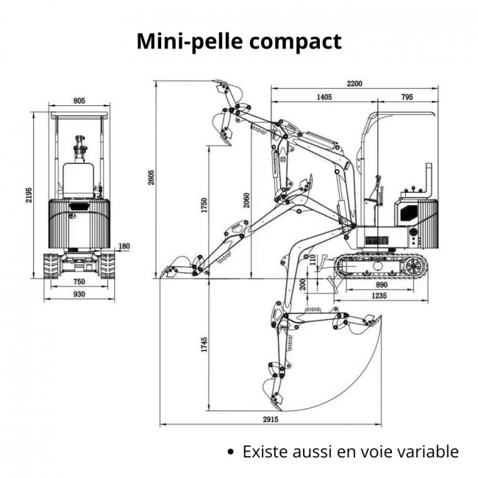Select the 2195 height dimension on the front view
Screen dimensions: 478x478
[29, 195]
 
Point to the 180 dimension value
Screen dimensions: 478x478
[124, 246]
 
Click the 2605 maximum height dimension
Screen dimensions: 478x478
[151, 178]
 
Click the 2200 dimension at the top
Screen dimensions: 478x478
[354, 83]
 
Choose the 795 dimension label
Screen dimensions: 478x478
[407, 96]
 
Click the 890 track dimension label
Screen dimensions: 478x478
[381, 284]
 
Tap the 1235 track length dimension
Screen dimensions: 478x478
[380, 295]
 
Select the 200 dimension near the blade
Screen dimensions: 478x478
[303, 284]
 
